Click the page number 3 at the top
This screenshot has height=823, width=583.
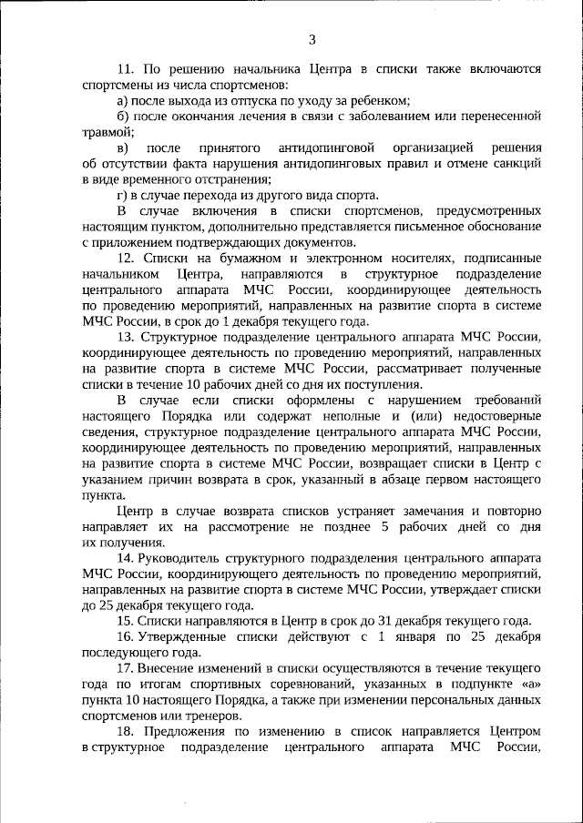click(312, 39)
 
